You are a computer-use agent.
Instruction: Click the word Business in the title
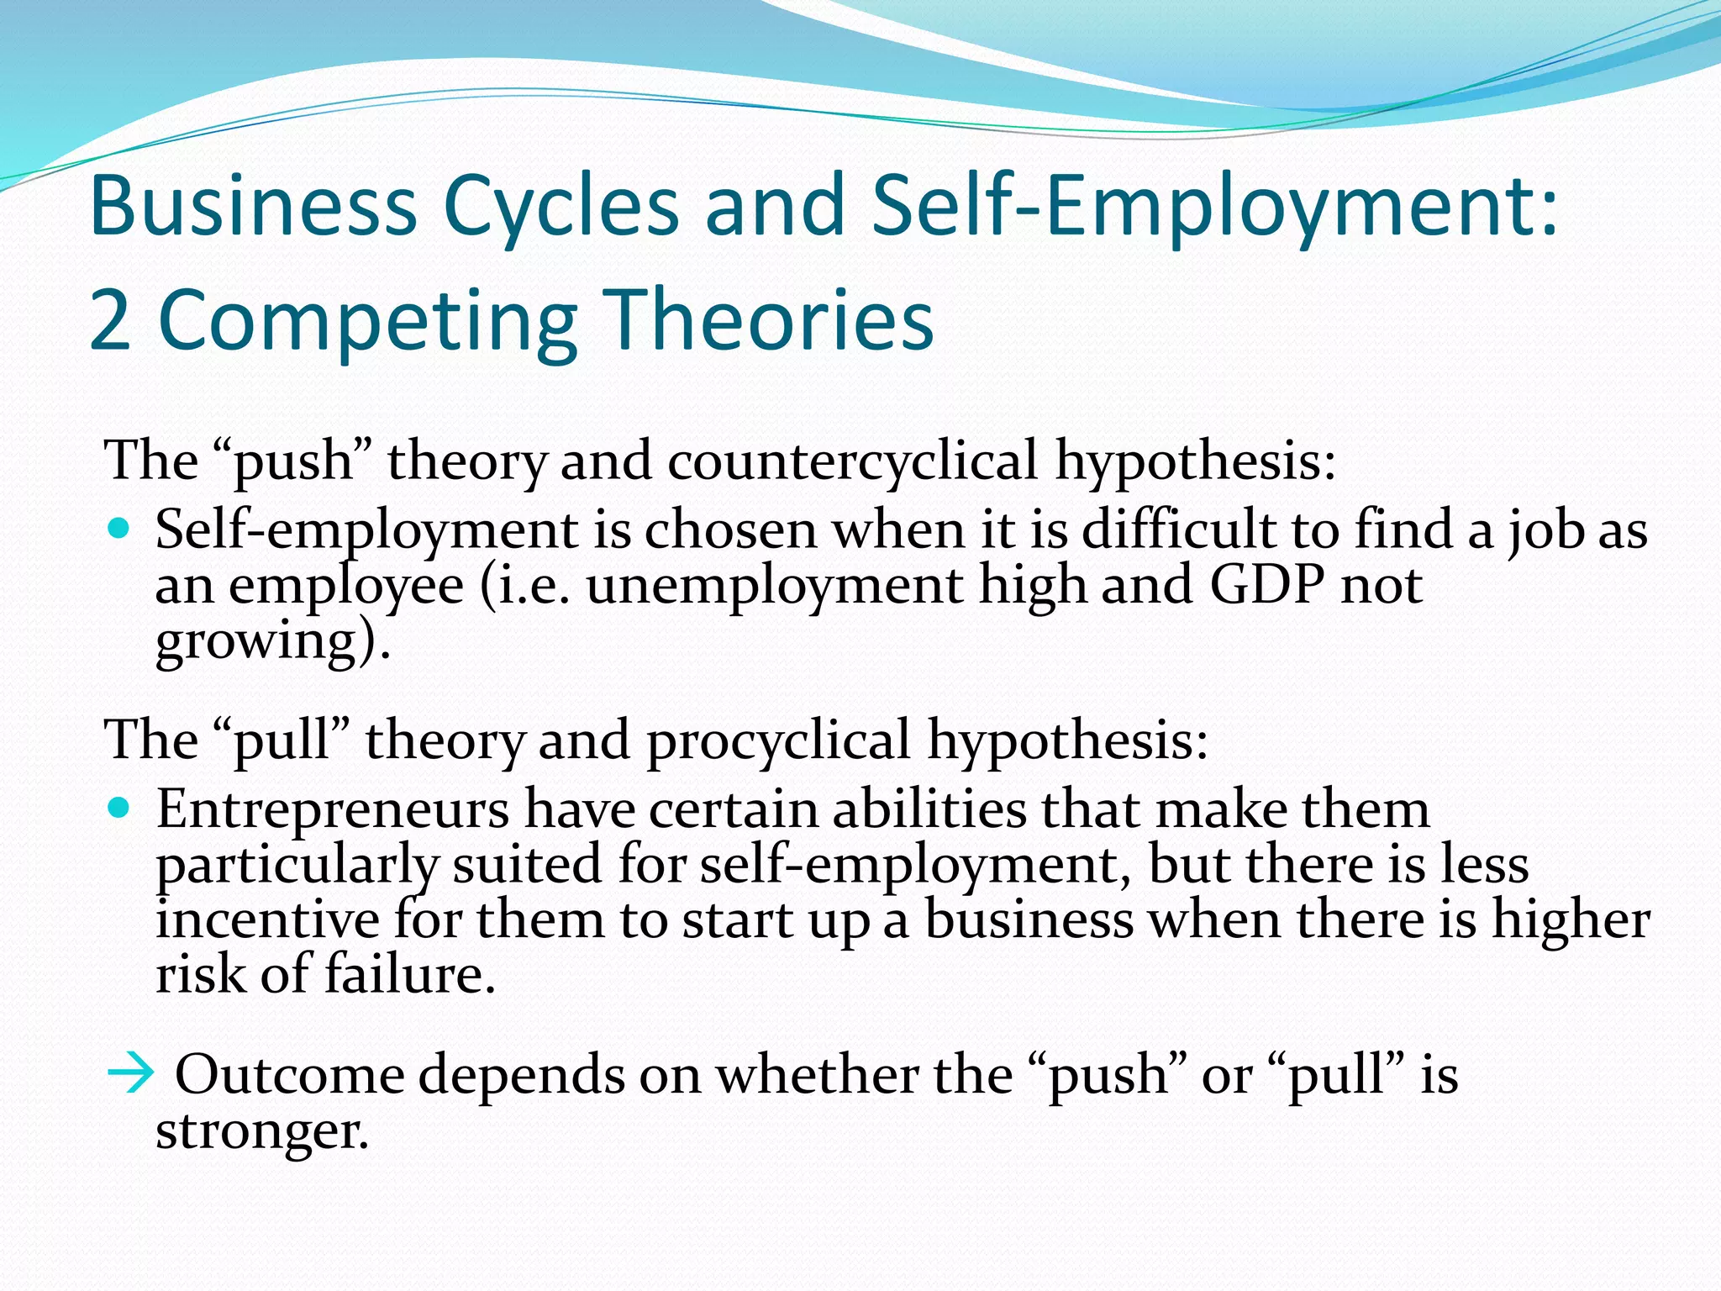click(252, 205)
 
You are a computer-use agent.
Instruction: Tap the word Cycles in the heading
click(561, 207)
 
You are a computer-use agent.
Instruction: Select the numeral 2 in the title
click(110, 320)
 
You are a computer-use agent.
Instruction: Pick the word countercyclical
click(852, 461)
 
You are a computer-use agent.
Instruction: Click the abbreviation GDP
click(1266, 585)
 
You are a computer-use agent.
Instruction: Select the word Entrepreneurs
click(333, 809)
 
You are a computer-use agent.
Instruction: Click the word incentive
click(267, 920)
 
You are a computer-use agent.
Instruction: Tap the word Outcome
click(289, 1075)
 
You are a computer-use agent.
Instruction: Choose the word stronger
click(261, 1131)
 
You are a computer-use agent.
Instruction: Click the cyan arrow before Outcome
click(131, 1073)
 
